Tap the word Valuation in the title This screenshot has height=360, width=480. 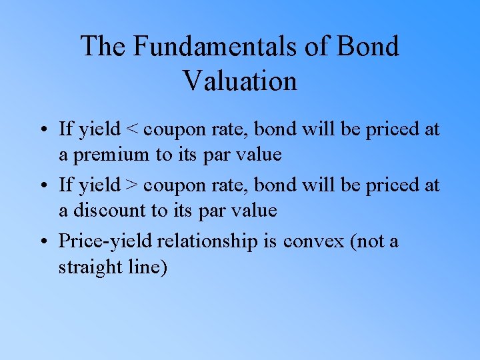pos(239,81)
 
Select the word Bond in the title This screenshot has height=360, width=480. pos(367,47)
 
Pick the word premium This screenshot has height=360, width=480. pos(111,156)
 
